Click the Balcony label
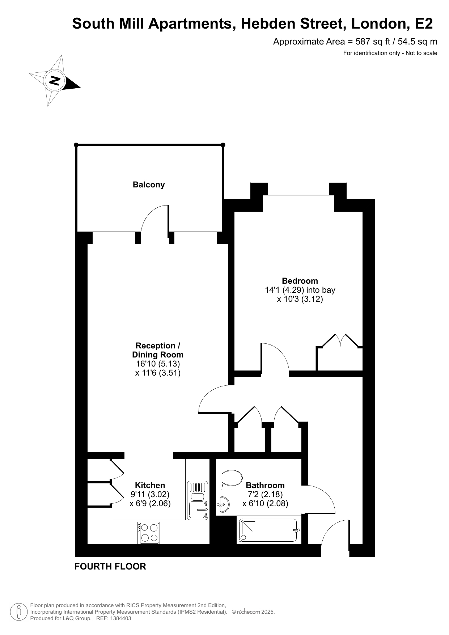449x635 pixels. pos(149,185)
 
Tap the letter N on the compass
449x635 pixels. pos(55,80)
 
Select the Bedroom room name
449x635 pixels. pos(300,281)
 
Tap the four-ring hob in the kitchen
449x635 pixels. pos(148,533)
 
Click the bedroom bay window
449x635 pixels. pos(298,189)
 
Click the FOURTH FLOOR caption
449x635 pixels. pos(110,567)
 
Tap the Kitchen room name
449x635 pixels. pos(150,485)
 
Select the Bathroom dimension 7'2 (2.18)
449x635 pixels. pos(265,494)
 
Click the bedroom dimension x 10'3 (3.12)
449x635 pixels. pos(300,299)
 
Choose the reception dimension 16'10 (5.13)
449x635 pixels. pos(158,364)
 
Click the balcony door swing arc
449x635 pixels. pos(153,216)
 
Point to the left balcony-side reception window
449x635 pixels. pos(114,238)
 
